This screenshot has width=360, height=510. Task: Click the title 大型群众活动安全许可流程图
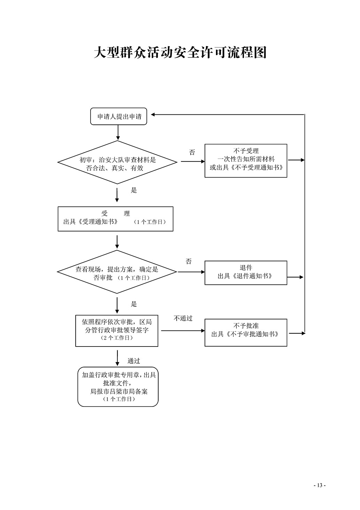coord(180,53)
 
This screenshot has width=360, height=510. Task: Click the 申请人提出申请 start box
coord(118,116)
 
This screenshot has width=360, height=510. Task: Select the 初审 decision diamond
coord(117,162)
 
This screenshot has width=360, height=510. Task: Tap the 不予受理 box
coord(246,161)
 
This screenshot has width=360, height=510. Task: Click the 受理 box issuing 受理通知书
coord(116,219)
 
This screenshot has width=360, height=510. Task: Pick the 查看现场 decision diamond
coord(117,272)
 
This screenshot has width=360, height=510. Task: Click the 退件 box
coord(246,273)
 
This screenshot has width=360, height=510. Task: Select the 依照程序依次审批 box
coord(117,331)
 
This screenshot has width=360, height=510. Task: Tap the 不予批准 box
coord(246,333)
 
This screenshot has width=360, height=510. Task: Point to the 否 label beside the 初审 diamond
coord(192,152)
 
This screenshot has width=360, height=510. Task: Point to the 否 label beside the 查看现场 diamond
coord(189,261)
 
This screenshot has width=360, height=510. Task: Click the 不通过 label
coord(183,318)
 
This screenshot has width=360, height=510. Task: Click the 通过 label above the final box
coord(133,361)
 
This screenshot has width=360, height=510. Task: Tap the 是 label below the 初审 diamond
coord(134,190)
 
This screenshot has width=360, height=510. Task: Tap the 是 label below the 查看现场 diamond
coord(134,304)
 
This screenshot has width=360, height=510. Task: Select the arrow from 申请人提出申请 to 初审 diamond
coord(118,132)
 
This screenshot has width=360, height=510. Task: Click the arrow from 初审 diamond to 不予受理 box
coord(193,161)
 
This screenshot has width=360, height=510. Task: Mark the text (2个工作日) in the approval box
coord(117,338)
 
